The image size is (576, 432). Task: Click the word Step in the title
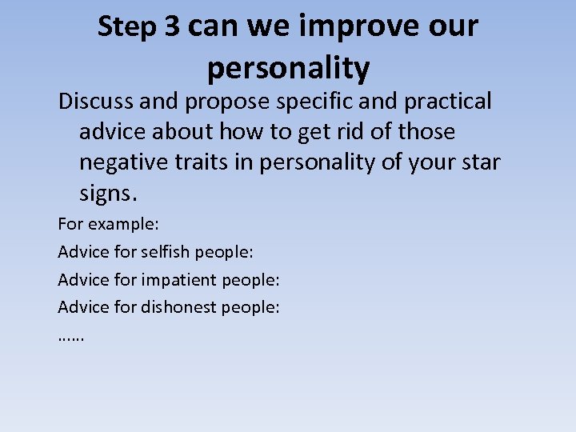click(x=127, y=27)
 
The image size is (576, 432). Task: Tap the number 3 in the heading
click(x=172, y=27)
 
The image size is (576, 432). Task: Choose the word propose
click(x=234, y=102)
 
